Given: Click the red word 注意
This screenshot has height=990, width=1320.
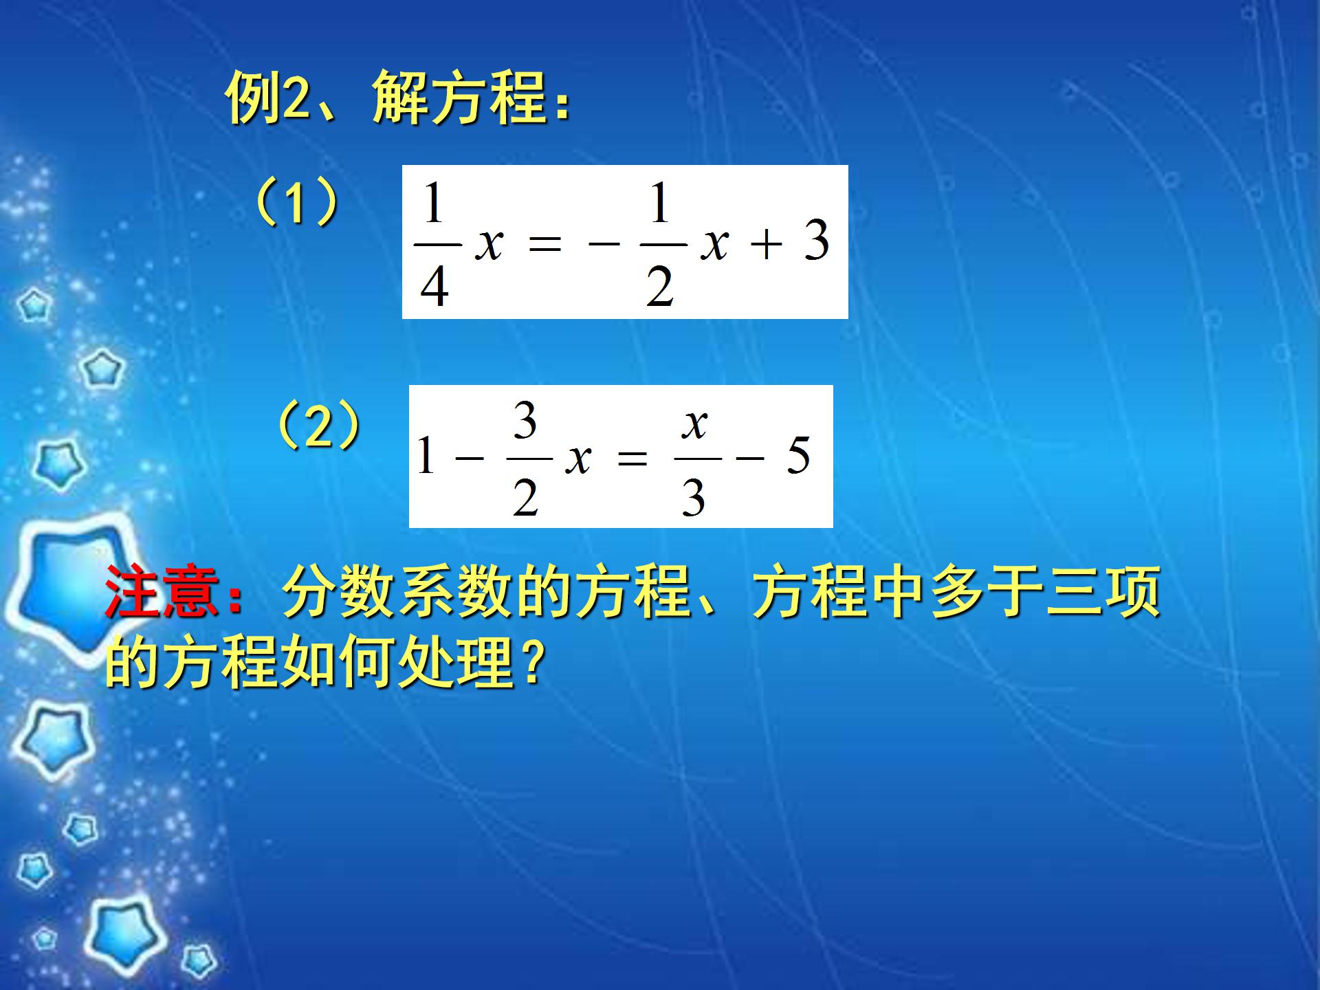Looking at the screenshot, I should pos(162,591).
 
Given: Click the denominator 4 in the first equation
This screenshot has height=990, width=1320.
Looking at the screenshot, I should pos(434,285).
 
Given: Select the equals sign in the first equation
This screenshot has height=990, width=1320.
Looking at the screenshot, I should pos(545,243).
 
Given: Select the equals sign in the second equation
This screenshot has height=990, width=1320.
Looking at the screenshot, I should pos(632,457).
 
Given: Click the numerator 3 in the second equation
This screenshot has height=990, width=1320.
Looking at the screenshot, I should pos(525,421).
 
